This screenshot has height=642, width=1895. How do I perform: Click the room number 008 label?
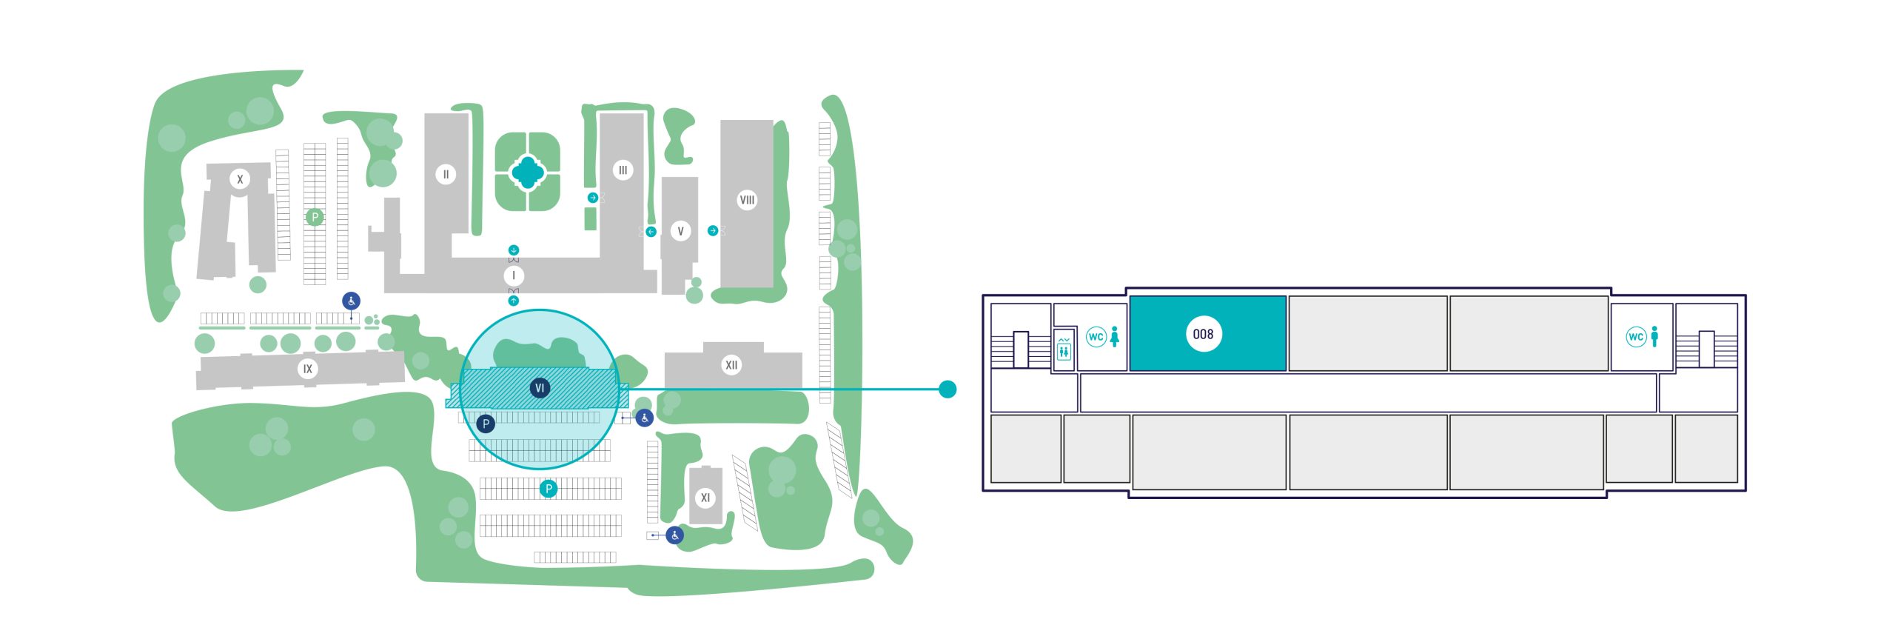pyautogui.click(x=1203, y=334)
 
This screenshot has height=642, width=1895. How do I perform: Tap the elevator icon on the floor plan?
pyautogui.click(x=1064, y=348)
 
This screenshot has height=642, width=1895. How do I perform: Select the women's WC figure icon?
pyautogui.click(x=1115, y=336)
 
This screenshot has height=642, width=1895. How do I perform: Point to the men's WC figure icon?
pyautogui.click(x=1654, y=336)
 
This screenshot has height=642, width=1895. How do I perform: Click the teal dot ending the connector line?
pyautogui.click(x=947, y=389)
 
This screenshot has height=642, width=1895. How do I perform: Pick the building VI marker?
pyautogui.click(x=540, y=387)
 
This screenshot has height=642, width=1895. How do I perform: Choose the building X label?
pyautogui.click(x=239, y=179)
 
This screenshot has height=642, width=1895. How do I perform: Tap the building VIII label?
pyautogui.click(x=747, y=200)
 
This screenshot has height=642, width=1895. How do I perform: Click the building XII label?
pyautogui.click(x=731, y=364)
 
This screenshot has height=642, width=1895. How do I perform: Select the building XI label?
pyautogui.click(x=705, y=498)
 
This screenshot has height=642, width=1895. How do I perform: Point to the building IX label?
pyautogui.click(x=307, y=369)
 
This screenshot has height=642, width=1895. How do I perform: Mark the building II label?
pyautogui.click(x=446, y=175)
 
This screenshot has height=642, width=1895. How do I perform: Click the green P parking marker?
pyautogui.click(x=315, y=217)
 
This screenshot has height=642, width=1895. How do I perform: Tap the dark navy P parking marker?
pyautogui.click(x=486, y=424)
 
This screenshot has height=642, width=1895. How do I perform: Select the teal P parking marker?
pyautogui.click(x=549, y=489)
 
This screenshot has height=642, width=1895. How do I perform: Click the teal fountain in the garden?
pyautogui.click(x=527, y=172)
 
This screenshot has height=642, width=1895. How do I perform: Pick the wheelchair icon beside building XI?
pyautogui.click(x=674, y=535)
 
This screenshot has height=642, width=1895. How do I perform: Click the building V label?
pyautogui.click(x=680, y=231)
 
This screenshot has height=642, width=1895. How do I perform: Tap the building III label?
pyautogui.click(x=623, y=170)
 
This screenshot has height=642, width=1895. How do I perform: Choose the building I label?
pyautogui.click(x=514, y=275)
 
